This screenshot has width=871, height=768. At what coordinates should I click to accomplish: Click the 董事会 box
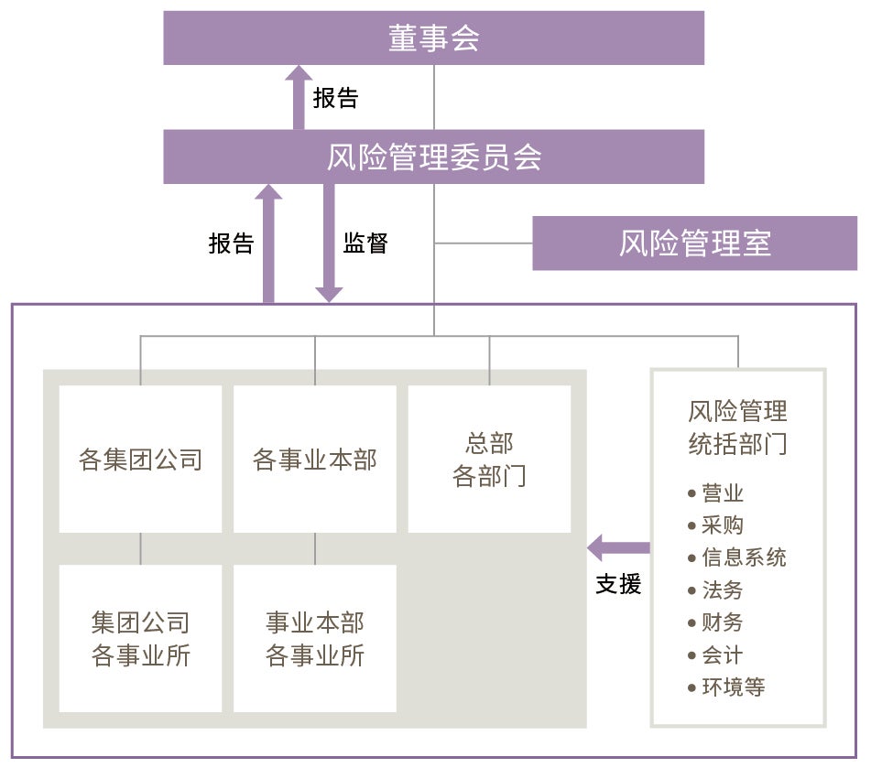pyautogui.click(x=433, y=38)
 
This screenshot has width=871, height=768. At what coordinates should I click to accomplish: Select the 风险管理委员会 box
pyautogui.click(x=433, y=157)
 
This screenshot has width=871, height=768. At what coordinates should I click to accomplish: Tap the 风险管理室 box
pyautogui.click(x=694, y=243)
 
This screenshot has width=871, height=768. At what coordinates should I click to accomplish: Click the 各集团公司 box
pyautogui.click(x=140, y=459)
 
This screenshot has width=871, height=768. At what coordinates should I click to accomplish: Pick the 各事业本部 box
pyautogui.click(x=315, y=459)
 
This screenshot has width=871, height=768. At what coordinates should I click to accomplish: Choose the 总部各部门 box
pyautogui.click(x=489, y=459)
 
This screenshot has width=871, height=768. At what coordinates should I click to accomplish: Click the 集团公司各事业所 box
pyautogui.click(x=140, y=638)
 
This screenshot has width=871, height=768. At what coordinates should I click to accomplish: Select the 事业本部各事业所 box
pyautogui.click(x=315, y=638)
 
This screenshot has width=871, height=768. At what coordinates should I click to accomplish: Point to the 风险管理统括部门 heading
pyautogui.click(x=737, y=427)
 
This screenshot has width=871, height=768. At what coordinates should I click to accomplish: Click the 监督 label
pyautogui.click(x=365, y=243)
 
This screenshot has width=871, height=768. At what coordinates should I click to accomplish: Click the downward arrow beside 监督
pyautogui.click(x=328, y=243)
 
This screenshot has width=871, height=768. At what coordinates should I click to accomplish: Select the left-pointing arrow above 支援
pyautogui.click(x=618, y=548)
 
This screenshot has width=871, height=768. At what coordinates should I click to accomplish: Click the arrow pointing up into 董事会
pyautogui.click(x=298, y=97)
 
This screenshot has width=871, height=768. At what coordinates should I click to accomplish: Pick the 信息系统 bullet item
pyautogui.click(x=744, y=557)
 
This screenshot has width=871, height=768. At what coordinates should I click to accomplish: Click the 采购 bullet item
pyautogui.click(x=723, y=525)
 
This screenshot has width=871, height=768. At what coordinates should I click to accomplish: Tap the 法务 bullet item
pyautogui.click(x=723, y=590)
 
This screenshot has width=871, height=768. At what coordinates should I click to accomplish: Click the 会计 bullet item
pyautogui.click(x=723, y=655)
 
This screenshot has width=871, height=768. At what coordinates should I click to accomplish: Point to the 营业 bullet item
pyautogui.click(x=723, y=493)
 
